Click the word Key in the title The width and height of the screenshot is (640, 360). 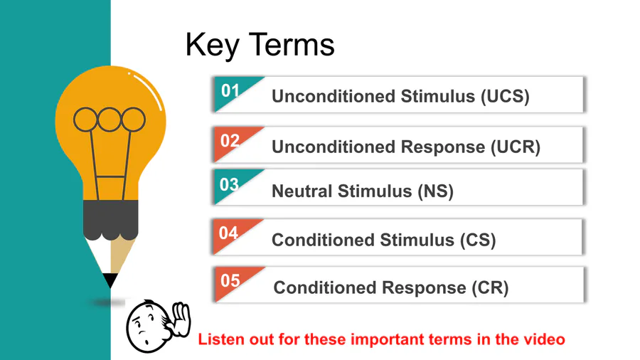212,46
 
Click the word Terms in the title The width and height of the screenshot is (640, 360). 292,45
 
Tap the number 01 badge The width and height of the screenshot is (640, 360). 230,90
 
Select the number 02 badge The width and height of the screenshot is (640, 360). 230,141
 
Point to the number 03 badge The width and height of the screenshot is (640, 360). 229,184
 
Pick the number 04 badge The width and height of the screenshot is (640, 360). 228,233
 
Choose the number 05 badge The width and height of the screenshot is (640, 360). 230,281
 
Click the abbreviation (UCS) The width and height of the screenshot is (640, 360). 505,97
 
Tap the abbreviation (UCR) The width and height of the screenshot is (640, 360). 516,147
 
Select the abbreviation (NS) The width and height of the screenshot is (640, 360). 435,191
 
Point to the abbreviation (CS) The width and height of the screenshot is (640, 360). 478,240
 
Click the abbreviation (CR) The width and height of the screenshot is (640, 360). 490,287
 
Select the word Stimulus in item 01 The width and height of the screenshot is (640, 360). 438,96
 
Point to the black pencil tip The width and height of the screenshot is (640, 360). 110,280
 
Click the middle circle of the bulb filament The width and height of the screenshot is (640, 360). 109,120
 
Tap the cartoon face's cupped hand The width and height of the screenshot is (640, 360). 181,319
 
